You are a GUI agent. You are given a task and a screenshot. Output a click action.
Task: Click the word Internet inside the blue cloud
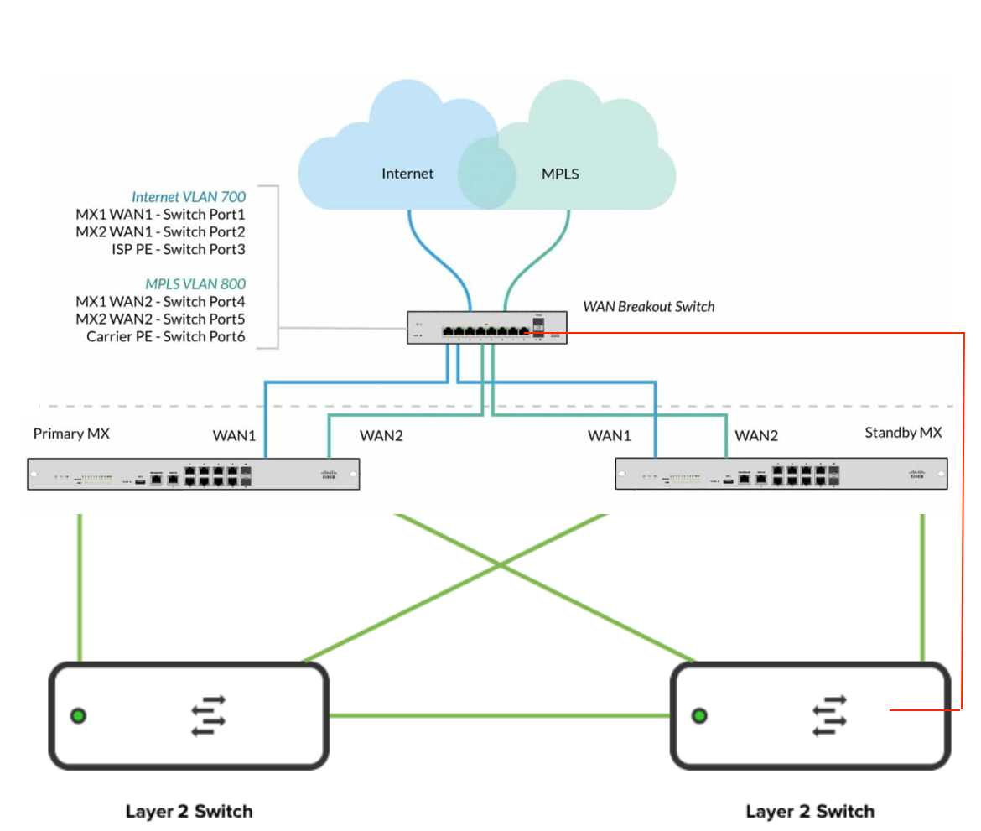(x=407, y=174)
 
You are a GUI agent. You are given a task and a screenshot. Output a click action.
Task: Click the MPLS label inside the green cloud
(x=560, y=174)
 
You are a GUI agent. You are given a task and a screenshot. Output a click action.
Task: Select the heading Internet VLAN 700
(x=188, y=197)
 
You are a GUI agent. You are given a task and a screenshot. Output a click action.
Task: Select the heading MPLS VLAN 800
(x=195, y=283)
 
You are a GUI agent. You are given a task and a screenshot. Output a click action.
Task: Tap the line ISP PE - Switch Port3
(x=178, y=249)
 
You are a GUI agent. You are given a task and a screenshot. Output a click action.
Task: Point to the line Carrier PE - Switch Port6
(x=165, y=336)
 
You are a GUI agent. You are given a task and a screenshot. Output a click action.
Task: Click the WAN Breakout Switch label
(x=649, y=306)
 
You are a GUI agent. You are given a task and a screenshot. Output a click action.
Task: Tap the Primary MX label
(x=71, y=434)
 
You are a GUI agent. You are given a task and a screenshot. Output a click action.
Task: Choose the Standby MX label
(x=903, y=433)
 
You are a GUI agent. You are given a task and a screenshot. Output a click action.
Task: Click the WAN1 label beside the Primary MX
(x=234, y=435)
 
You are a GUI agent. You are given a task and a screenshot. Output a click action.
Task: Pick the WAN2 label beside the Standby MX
(x=756, y=435)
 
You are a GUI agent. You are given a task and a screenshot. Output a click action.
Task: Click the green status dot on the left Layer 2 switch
(x=78, y=715)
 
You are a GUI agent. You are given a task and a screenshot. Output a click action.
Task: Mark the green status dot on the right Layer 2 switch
(x=699, y=715)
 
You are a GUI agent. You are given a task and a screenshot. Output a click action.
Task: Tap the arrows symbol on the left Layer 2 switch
(x=209, y=715)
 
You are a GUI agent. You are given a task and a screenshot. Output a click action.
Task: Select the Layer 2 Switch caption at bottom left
(x=189, y=811)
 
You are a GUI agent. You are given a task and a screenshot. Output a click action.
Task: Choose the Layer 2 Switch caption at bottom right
(x=810, y=811)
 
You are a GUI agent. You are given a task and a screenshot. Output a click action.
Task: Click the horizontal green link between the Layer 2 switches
(x=499, y=715)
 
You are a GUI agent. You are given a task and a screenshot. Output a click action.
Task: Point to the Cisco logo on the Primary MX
(x=328, y=475)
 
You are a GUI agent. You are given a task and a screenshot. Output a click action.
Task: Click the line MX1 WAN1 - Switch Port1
(x=160, y=215)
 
